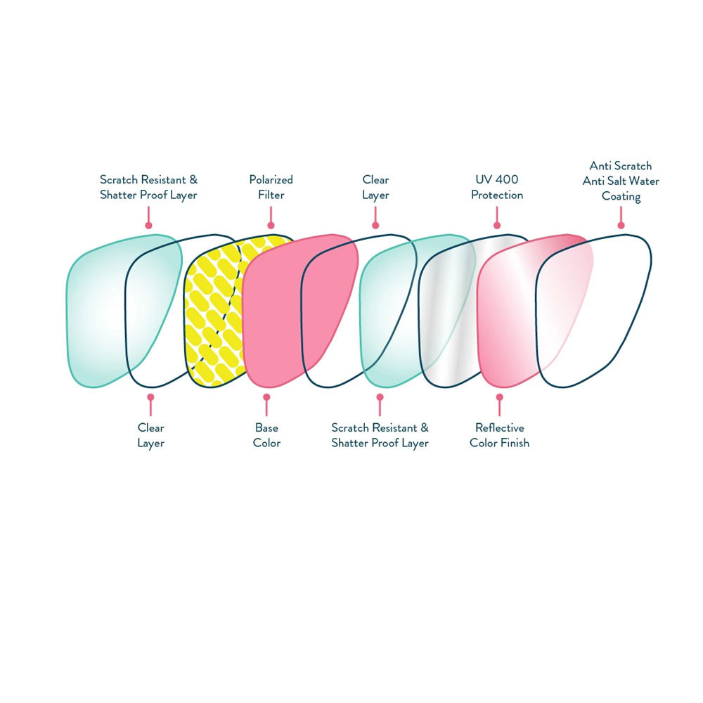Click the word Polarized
click(x=271, y=180)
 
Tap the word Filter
click(x=271, y=195)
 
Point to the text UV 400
click(x=496, y=180)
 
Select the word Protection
click(x=496, y=195)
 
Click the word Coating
click(x=621, y=196)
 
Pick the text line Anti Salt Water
click(x=621, y=181)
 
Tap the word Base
click(x=266, y=427)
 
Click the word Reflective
click(x=499, y=427)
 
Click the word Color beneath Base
click(x=266, y=443)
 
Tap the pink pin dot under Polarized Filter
click(x=271, y=225)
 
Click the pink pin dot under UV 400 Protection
click(x=497, y=225)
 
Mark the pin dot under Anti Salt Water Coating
click(x=621, y=225)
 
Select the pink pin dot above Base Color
click(x=266, y=397)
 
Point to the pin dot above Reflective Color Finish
click(x=499, y=397)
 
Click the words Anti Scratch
click(x=621, y=166)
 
